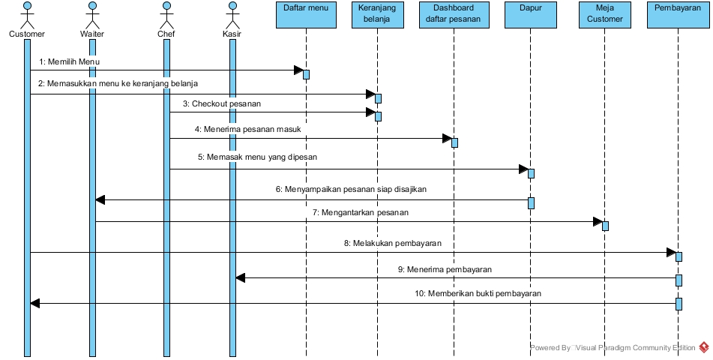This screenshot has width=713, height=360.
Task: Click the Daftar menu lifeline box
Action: [x=306, y=13]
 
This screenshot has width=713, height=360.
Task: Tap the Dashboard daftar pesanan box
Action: [x=453, y=13]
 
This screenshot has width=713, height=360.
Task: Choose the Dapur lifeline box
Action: [x=529, y=13]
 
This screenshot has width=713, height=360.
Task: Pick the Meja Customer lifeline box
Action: [x=604, y=13]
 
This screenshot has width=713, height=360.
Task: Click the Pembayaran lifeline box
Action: [x=677, y=13]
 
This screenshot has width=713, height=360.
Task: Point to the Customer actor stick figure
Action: [x=26, y=14]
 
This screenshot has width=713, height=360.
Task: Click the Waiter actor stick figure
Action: [x=91, y=14]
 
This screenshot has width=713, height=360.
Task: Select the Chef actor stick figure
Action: [x=166, y=14]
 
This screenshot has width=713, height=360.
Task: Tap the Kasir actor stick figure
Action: [x=232, y=14]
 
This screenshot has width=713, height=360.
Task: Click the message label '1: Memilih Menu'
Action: [x=69, y=61]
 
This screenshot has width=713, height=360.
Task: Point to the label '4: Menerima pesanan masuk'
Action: [x=247, y=129]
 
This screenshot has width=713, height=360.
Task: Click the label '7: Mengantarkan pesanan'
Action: [x=360, y=212]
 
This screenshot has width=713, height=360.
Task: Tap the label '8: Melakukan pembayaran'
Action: [x=392, y=243]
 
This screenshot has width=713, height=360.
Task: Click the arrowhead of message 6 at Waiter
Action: [x=100, y=200]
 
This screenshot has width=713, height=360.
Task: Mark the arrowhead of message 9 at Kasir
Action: [x=241, y=278]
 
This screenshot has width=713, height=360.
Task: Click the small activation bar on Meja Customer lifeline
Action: [x=605, y=226]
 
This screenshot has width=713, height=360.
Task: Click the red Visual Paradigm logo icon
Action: [x=704, y=347]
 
